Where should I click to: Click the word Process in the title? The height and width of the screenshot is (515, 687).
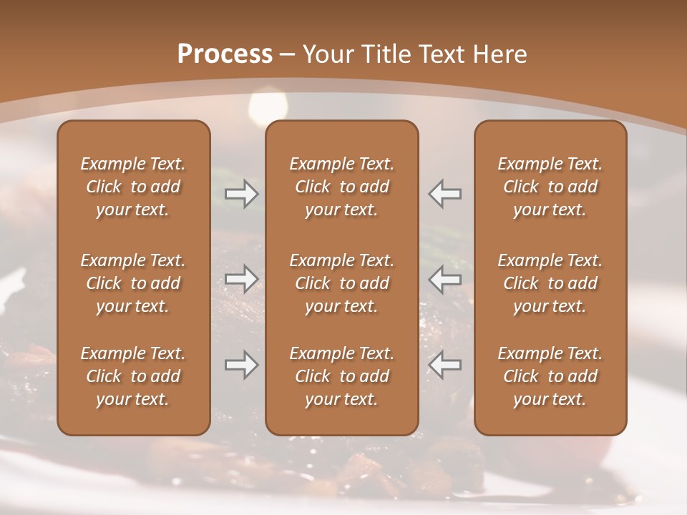pos(225,54)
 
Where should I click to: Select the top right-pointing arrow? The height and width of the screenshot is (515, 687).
pos(242,194)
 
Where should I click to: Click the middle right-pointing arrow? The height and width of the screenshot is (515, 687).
pos(242,280)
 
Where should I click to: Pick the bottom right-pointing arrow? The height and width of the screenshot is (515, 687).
pos(242,365)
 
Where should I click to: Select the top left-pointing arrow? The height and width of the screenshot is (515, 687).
pos(444,194)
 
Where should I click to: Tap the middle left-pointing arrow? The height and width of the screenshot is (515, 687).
pos(444,280)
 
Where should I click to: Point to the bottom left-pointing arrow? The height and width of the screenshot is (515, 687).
pos(444,365)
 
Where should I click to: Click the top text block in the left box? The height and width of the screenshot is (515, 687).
pos(133,187)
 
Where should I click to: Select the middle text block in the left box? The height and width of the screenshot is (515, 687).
pos(133,283)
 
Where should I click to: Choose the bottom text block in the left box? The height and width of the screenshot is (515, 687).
pos(133,376)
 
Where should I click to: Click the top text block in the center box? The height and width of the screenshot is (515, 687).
pos(341,187)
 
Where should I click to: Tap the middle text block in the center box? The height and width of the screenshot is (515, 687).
pos(341,283)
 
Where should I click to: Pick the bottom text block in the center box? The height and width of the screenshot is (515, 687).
pos(341,376)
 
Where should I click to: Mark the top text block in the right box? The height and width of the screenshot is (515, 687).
pos(550,187)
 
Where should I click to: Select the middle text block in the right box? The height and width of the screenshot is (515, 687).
pos(550,283)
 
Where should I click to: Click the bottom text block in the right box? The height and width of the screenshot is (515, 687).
pos(550,376)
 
